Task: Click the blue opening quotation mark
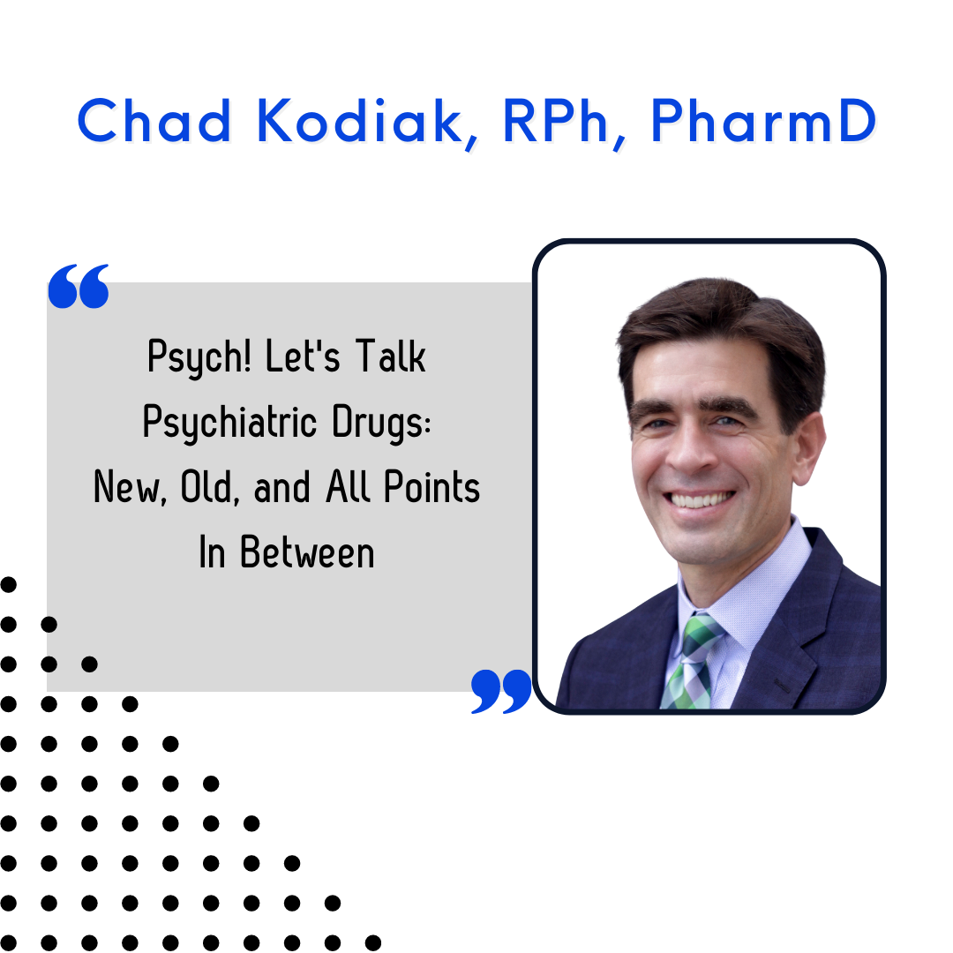click(x=79, y=286)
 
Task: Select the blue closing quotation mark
click(x=501, y=691)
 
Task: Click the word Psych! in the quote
click(x=199, y=357)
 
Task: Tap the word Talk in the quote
click(x=390, y=356)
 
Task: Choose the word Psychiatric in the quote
click(x=229, y=423)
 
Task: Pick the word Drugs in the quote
click(x=382, y=423)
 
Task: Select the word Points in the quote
click(x=431, y=487)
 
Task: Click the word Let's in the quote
click(x=303, y=356)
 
